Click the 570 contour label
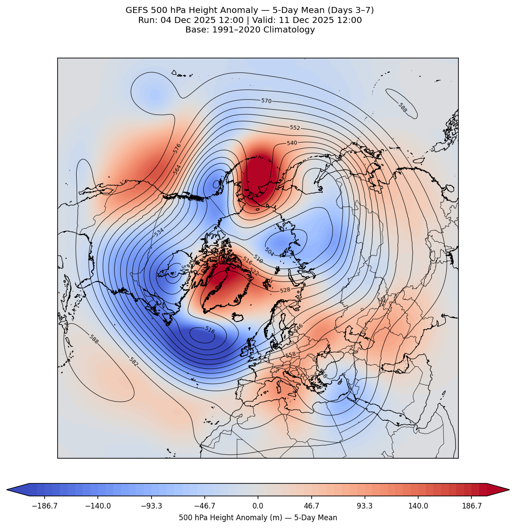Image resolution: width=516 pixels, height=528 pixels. pyautogui.click(x=266, y=101)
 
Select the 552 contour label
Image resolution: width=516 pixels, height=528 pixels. pyautogui.click(x=295, y=128)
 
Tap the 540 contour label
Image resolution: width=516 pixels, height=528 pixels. pyautogui.click(x=292, y=143)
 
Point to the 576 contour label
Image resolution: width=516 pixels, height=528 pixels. pyautogui.click(x=177, y=148)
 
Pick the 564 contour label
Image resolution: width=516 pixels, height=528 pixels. pyautogui.click(x=177, y=169)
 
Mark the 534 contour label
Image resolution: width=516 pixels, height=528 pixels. pyautogui.click(x=159, y=232)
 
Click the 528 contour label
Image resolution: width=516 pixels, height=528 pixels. pyautogui.click(x=285, y=290)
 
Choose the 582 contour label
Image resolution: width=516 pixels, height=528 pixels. pyautogui.click(x=133, y=362)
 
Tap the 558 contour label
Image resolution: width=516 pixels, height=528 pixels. pyautogui.click(x=290, y=355)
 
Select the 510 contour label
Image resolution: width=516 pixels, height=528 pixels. pyautogui.click(x=258, y=259)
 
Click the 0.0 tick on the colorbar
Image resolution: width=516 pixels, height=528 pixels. pyautogui.click(x=258, y=505)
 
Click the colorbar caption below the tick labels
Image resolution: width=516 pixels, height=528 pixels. pyautogui.click(x=258, y=518)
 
